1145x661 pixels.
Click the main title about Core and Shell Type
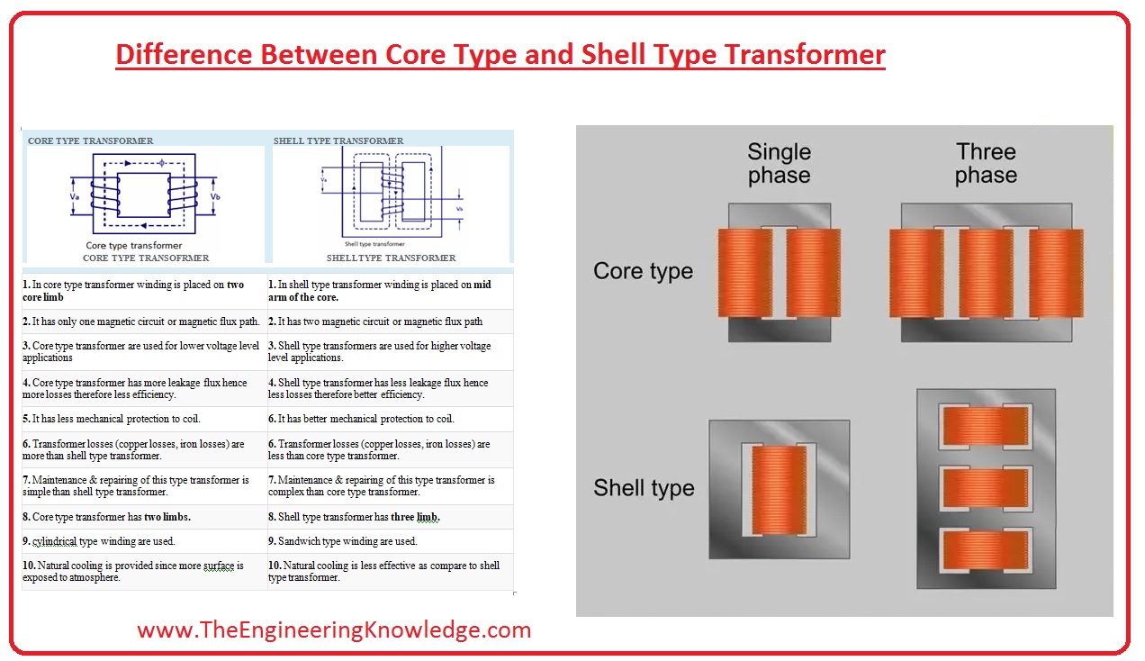pyautogui.click(x=500, y=55)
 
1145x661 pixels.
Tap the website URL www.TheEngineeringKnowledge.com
pyautogui.click(x=334, y=629)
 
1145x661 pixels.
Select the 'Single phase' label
pyautogui.click(x=779, y=164)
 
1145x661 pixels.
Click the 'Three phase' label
pyautogui.click(x=986, y=164)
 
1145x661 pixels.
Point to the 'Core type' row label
pyautogui.click(x=643, y=271)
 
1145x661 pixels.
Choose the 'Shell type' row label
pyautogui.click(x=644, y=488)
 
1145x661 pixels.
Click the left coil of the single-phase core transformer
pyautogui.click(x=744, y=273)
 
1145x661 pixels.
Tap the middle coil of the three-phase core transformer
pyautogui.click(x=986, y=273)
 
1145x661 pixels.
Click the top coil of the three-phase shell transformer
pyautogui.click(x=984, y=425)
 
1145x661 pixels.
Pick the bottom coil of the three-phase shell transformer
pyautogui.click(x=984, y=550)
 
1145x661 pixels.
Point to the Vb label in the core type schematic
pyautogui.click(x=215, y=195)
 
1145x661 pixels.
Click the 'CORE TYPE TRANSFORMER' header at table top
pyautogui.click(x=90, y=140)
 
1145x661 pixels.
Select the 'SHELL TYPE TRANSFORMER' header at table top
pyautogui.click(x=338, y=140)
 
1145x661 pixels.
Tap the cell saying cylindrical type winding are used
pyautogui.click(x=99, y=541)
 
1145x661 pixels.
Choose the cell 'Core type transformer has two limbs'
pyautogui.click(x=107, y=517)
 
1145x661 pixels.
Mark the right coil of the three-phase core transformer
pyautogui.click(x=1055, y=273)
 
